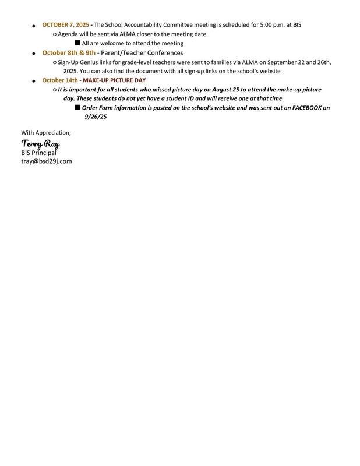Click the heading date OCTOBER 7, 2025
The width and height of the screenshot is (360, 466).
coord(65,25)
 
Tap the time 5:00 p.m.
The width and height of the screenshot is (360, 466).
coord(266,25)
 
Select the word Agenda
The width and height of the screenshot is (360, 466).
coord(68,34)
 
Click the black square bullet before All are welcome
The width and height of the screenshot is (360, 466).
coord(77,43)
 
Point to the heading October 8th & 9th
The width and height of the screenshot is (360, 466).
coord(69,52)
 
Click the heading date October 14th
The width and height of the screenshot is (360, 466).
coord(59,80)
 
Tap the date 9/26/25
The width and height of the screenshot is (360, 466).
coord(96,116)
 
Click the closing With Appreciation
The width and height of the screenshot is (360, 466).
coord(46,133)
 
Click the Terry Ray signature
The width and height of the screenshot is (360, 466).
coord(40,143)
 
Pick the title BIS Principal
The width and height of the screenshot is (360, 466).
coord(43,153)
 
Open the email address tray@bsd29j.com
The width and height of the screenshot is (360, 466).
coord(47,161)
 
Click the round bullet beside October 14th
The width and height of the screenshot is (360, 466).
coord(34,80)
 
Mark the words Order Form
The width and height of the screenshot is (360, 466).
coord(97,108)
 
